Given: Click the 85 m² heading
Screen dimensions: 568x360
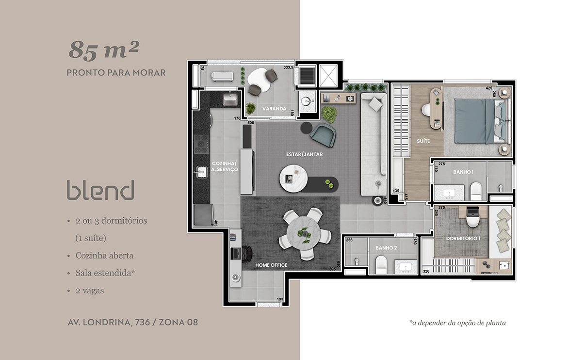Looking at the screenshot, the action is pos(104,49).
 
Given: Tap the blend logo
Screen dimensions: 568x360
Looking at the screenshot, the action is pos(101,191).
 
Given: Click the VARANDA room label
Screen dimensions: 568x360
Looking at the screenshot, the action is pos(274,109).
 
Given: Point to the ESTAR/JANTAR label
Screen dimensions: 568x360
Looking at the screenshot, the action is pos(304,154).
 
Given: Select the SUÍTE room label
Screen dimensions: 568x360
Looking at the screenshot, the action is pos(423,141).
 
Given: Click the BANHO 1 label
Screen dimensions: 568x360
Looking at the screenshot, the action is pos(463,172).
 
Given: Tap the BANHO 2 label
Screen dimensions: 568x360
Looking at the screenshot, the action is pos(386,248).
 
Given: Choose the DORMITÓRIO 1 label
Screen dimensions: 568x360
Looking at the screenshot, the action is pos(463,238).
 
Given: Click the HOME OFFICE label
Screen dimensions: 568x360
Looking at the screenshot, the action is pos(271,265).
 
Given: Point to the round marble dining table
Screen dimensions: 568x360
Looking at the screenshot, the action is pos(304,233).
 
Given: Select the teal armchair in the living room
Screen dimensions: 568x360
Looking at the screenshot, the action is pos(323,135).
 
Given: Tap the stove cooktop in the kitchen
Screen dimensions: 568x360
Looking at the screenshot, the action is pos(201,144).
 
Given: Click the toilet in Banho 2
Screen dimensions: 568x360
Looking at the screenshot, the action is pos(381,265).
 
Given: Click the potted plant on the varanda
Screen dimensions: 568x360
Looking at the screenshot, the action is pos(250,108).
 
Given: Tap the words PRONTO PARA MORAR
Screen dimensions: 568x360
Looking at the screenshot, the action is pos(116,72).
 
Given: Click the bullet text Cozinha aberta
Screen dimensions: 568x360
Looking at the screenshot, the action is pos(104,256).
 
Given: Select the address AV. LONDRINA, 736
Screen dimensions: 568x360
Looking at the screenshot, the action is pos(109,322).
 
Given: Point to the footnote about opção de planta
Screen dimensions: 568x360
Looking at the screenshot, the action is pos(457,323).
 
